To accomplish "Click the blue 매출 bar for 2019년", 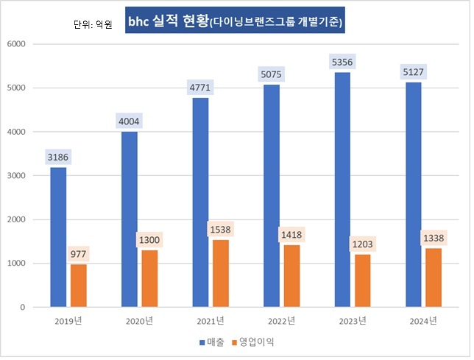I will pos(58,237).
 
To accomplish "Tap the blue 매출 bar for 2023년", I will pos(343,189).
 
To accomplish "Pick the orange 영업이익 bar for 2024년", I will pos(434,278).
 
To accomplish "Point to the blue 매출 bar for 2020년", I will pos(130,219).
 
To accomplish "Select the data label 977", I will pos(79,253).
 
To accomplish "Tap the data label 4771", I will pos(200,88).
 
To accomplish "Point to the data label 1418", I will pos(292,234).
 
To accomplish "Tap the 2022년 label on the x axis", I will pos(282,320).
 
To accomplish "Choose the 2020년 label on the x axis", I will pos(139,320).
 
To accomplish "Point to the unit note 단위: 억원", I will pos(93,25).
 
